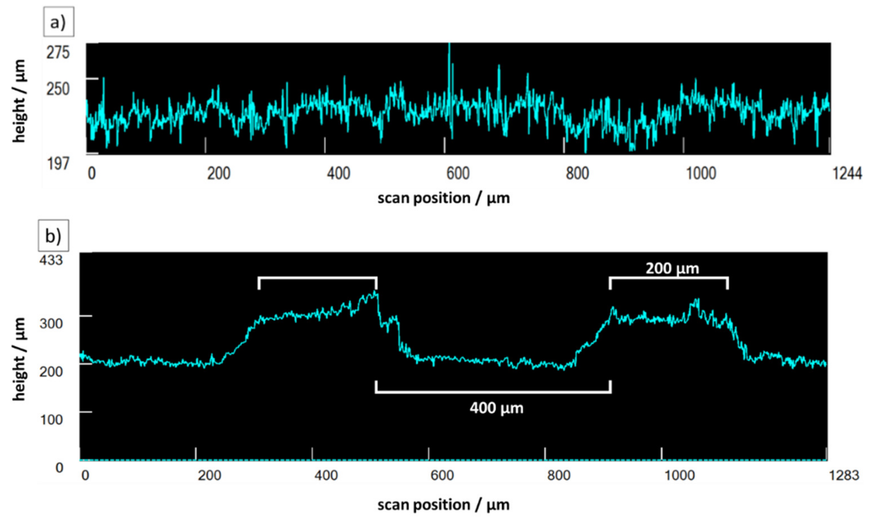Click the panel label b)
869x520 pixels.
pyautogui.click(x=53, y=236)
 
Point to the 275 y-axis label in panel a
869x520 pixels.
pyautogui.click(x=58, y=53)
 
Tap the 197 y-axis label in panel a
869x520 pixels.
pyautogui.click(x=58, y=164)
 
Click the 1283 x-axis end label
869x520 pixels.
pyautogui.click(x=844, y=475)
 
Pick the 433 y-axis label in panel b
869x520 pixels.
pyautogui.click(x=51, y=260)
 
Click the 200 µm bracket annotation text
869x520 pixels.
pyautogui.click(x=672, y=269)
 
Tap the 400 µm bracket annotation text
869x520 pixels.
pyautogui.click(x=496, y=408)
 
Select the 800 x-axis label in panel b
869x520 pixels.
pyautogui.click(x=559, y=475)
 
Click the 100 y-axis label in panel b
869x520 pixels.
pyautogui.click(x=51, y=419)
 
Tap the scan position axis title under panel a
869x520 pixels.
pyautogui.click(x=443, y=198)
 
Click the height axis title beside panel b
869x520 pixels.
pyautogui.click(x=19, y=359)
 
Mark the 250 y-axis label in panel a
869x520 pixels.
pyautogui.click(x=58, y=89)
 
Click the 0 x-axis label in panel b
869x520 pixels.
pyautogui.click(x=85, y=475)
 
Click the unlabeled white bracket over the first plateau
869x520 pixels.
pyautogui.click(x=317, y=278)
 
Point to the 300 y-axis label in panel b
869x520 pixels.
pyautogui.click(x=51, y=323)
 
